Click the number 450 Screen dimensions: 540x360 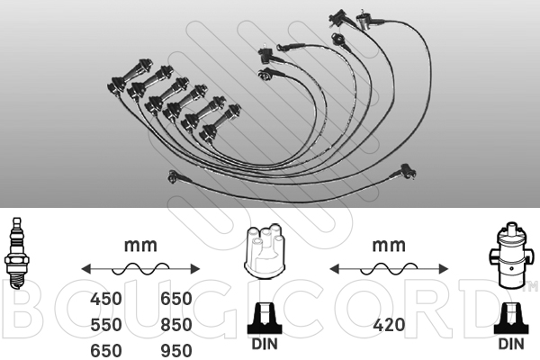[105, 299]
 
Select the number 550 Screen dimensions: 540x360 [105, 325]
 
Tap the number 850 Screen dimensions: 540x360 [176, 325]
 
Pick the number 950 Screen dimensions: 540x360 [176, 351]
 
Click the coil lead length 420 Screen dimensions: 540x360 [389, 325]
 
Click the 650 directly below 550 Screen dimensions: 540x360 [105, 351]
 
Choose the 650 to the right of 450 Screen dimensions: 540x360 [176, 299]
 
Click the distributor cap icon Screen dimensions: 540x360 [265, 251]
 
